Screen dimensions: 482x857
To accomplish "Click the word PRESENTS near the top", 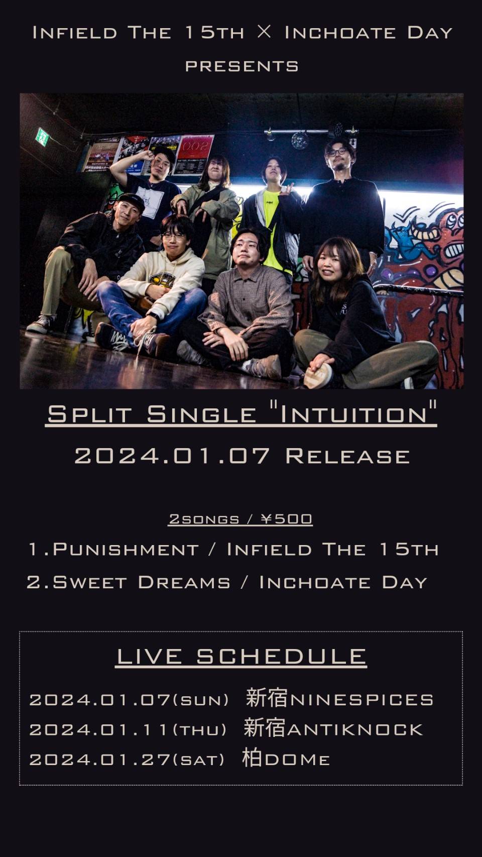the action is click(242, 66).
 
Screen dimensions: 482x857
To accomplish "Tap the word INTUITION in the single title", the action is click(354, 414).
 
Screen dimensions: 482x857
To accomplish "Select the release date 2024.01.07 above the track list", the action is click(172, 456).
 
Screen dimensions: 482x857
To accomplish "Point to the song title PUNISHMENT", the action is click(126, 550).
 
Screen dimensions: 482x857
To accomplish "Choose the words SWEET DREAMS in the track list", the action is click(142, 582).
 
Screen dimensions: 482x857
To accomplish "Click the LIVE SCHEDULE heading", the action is click(242, 657).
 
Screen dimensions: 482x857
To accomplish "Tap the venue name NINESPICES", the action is click(362, 700).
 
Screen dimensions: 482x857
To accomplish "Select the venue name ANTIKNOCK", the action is click(355, 729).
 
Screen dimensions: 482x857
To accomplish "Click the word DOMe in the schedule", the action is click(297, 760).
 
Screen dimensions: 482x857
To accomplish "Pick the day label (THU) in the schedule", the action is click(200, 730).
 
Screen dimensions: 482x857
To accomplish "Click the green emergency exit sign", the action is click(42, 137).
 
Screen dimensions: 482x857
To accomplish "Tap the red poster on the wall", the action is click(194, 154).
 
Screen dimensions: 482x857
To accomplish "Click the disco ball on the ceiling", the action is click(299, 140).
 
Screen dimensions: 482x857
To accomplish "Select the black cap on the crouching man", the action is click(132, 201).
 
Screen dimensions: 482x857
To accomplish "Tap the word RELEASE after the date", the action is click(348, 456).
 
